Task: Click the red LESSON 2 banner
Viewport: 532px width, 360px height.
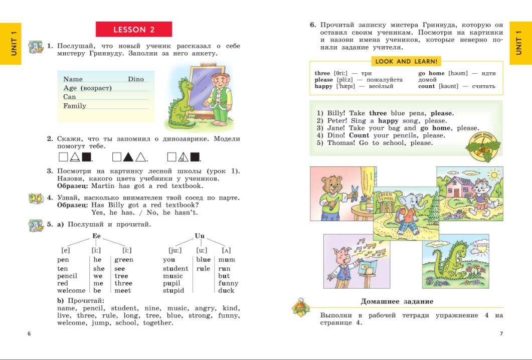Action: (133, 30)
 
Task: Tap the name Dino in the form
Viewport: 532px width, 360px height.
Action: (136, 79)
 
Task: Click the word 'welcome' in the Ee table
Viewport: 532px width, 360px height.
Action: (71, 291)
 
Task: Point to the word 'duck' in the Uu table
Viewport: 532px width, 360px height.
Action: (226, 291)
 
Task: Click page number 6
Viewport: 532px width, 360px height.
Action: (29, 334)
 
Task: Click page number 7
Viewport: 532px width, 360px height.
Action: (501, 334)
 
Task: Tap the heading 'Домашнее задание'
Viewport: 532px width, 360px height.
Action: (397, 302)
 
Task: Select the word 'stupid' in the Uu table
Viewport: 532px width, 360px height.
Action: (173, 291)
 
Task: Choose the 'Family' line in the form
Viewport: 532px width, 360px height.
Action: (75, 106)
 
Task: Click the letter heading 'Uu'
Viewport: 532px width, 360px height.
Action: (200, 236)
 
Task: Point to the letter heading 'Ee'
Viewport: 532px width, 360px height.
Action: (97, 236)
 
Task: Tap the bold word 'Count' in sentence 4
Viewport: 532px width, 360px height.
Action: (359, 135)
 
